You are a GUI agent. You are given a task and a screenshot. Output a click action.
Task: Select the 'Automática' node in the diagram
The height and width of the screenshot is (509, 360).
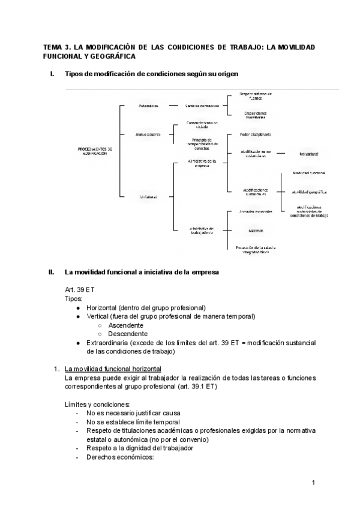[147, 106]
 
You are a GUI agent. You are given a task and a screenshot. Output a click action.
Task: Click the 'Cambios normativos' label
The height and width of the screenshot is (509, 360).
[192, 106]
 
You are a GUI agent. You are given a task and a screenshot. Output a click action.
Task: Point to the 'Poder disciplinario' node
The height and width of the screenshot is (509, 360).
[256, 134]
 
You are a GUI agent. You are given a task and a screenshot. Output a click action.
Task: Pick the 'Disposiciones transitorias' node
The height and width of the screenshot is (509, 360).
[256, 115]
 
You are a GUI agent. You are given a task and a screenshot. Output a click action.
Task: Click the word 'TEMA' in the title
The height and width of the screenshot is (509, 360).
[55, 47]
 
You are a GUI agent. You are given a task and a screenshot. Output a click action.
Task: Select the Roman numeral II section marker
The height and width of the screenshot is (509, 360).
[51, 272]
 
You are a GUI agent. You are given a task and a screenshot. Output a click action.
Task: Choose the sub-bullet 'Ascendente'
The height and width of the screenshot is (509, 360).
[126, 325]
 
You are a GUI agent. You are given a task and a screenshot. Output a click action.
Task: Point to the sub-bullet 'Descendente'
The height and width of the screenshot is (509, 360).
[128, 334]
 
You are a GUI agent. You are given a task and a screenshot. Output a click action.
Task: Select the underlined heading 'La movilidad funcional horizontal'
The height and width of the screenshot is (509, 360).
[112, 369]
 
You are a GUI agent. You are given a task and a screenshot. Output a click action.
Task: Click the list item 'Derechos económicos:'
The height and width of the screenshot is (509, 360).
[120, 457]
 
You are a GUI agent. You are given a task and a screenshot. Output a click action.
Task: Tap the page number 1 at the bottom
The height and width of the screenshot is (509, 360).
[314, 483]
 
